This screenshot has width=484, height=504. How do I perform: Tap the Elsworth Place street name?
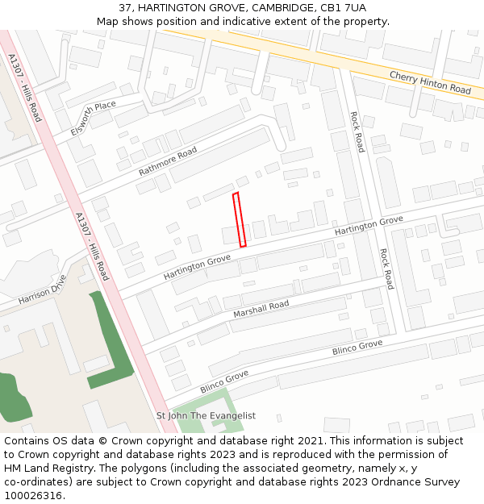(94, 119)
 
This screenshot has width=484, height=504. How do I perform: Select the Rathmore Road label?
(168, 161)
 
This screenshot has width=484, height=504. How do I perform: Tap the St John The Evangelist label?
(206, 416)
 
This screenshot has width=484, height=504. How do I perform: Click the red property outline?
(240, 219)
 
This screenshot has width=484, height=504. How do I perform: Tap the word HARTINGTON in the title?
(172, 7)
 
